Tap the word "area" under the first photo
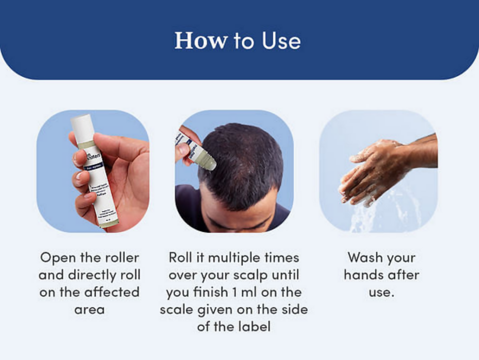click(x=89, y=309)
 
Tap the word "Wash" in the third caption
click(x=365, y=258)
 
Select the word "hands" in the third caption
click(x=362, y=275)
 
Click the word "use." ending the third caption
click(x=381, y=292)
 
